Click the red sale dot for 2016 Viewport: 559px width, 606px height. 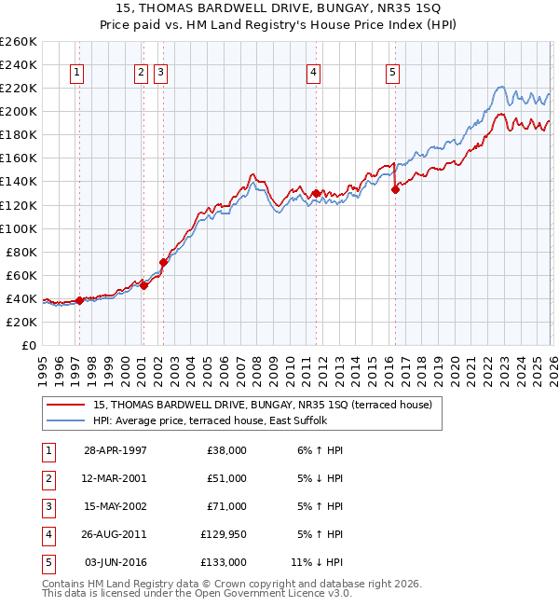395,189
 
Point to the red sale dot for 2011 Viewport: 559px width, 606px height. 317,193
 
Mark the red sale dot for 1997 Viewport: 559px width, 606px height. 80,300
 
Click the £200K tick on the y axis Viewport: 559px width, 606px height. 18,111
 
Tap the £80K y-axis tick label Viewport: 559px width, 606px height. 20,252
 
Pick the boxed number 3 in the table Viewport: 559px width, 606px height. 48,506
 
